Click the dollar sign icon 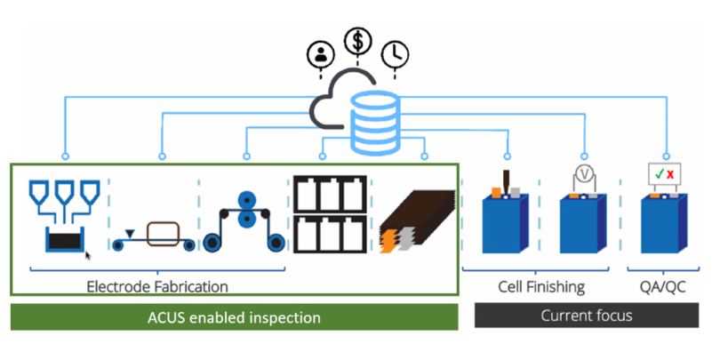(358, 40)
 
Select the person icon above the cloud (317, 54)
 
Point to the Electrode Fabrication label (157, 286)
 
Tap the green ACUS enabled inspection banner (234, 316)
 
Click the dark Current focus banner (587, 316)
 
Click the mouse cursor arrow (88, 256)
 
